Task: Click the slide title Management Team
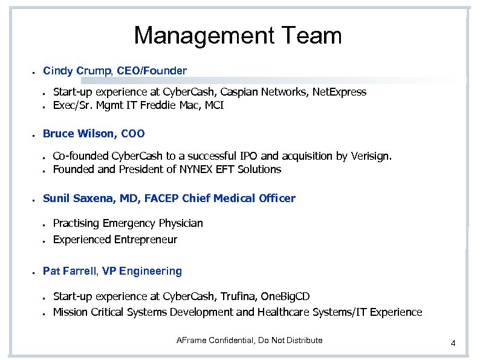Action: click(238, 36)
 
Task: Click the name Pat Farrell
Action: click(70, 271)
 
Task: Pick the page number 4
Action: click(453, 344)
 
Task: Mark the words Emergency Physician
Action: click(153, 223)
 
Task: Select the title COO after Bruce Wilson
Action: click(133, 134)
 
